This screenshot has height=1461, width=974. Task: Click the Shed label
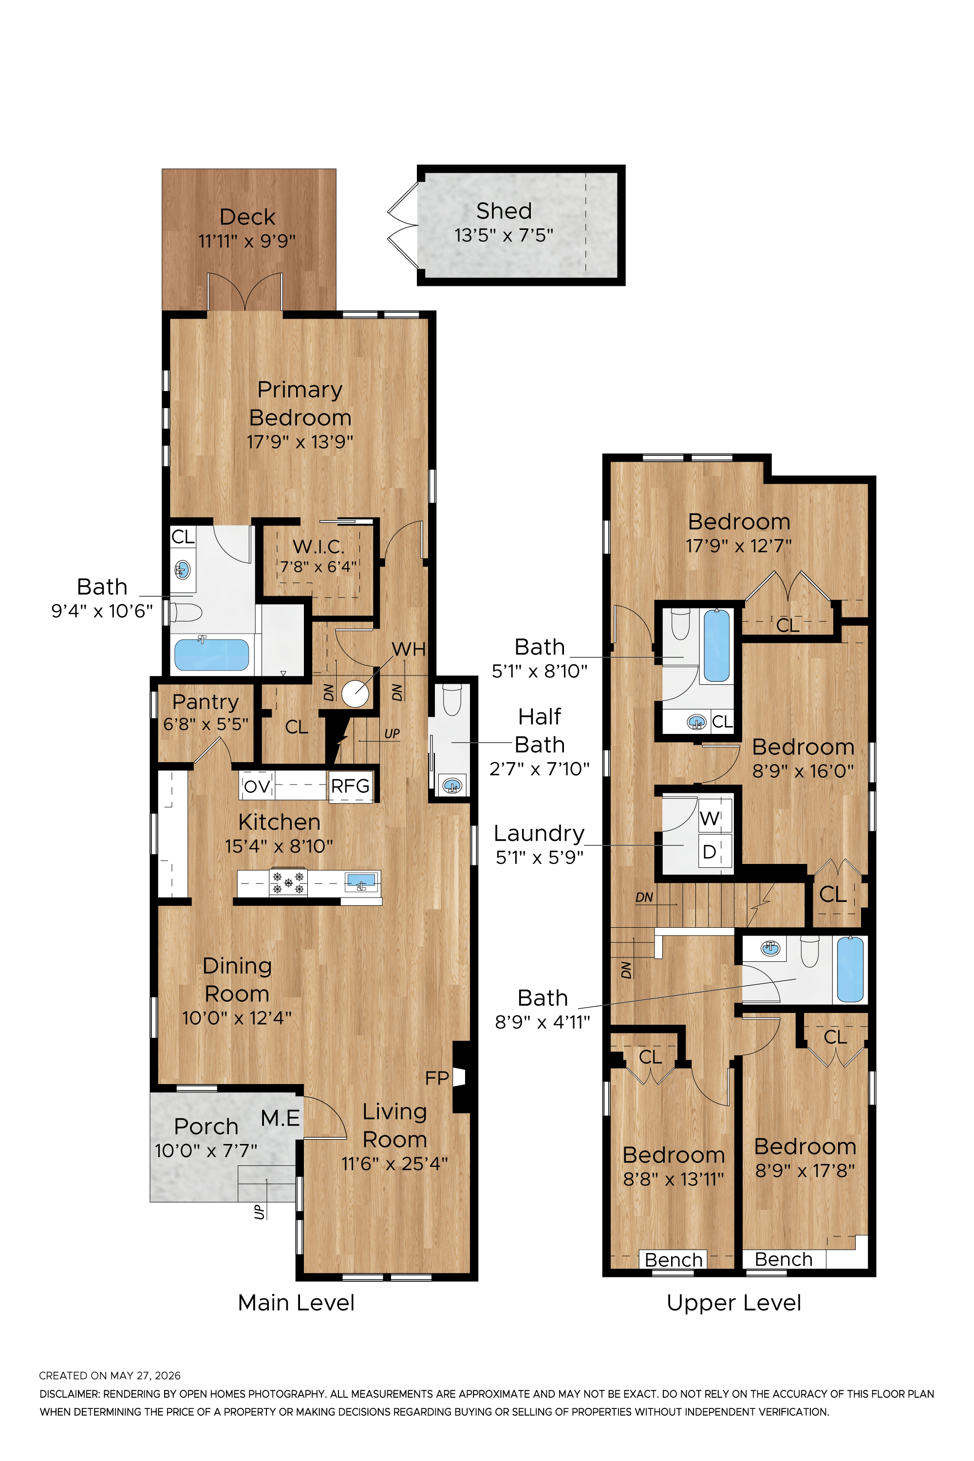point(504,211)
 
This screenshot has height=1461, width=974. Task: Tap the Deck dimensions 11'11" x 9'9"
point(247,241)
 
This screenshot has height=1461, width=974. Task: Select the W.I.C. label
point(318,546)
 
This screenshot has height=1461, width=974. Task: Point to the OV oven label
point(257,787)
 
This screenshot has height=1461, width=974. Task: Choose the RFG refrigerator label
point(350,787)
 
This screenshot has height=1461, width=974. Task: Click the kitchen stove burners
point(288,882)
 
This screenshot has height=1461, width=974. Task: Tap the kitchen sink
point(361,881)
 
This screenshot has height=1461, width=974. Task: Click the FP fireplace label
point(437,1078)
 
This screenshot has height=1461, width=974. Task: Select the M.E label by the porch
point(280,1118)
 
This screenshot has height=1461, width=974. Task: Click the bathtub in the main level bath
point(212,654)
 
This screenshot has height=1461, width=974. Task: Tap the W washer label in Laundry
point(710,818)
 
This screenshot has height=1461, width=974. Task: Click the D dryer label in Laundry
point(710,852)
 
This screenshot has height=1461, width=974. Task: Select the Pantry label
point(206,702)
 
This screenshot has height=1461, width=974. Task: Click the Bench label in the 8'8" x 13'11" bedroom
point(674,1260)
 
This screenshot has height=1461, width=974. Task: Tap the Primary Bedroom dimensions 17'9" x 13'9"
point(300,442)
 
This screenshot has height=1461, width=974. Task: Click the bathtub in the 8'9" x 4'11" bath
point(850,969)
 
